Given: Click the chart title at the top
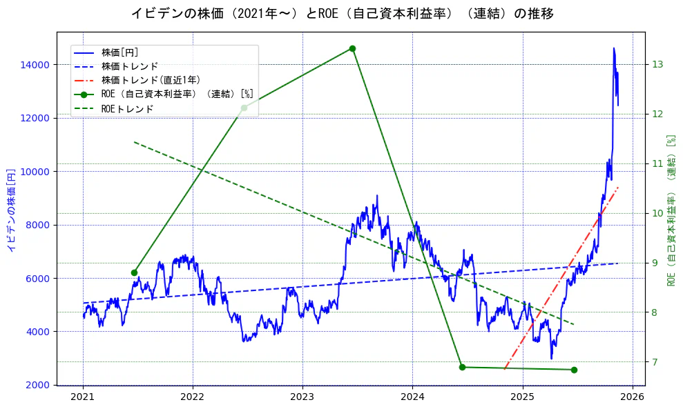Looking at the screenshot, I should [342, 13].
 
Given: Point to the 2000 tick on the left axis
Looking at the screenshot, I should [39, 385].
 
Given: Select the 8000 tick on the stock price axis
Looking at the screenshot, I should [39, 225].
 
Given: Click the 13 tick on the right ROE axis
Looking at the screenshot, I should [657, 65].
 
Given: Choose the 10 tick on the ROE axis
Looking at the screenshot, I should [657, 213].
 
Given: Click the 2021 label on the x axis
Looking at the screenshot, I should [83, 397].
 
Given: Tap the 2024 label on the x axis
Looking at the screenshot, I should [412, 397].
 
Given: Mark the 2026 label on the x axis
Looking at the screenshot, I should [632, 397].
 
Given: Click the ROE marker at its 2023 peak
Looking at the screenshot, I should [352, 48].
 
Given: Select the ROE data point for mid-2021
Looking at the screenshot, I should [134, 272].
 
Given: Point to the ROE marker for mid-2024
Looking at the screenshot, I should [462, 367].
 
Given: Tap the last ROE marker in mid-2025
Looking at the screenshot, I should [574, 370].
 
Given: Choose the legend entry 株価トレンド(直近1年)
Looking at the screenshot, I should [151, 80].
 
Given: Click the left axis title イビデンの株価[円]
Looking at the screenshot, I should [11, 210].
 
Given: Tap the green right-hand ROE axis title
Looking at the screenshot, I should [671, 210].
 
